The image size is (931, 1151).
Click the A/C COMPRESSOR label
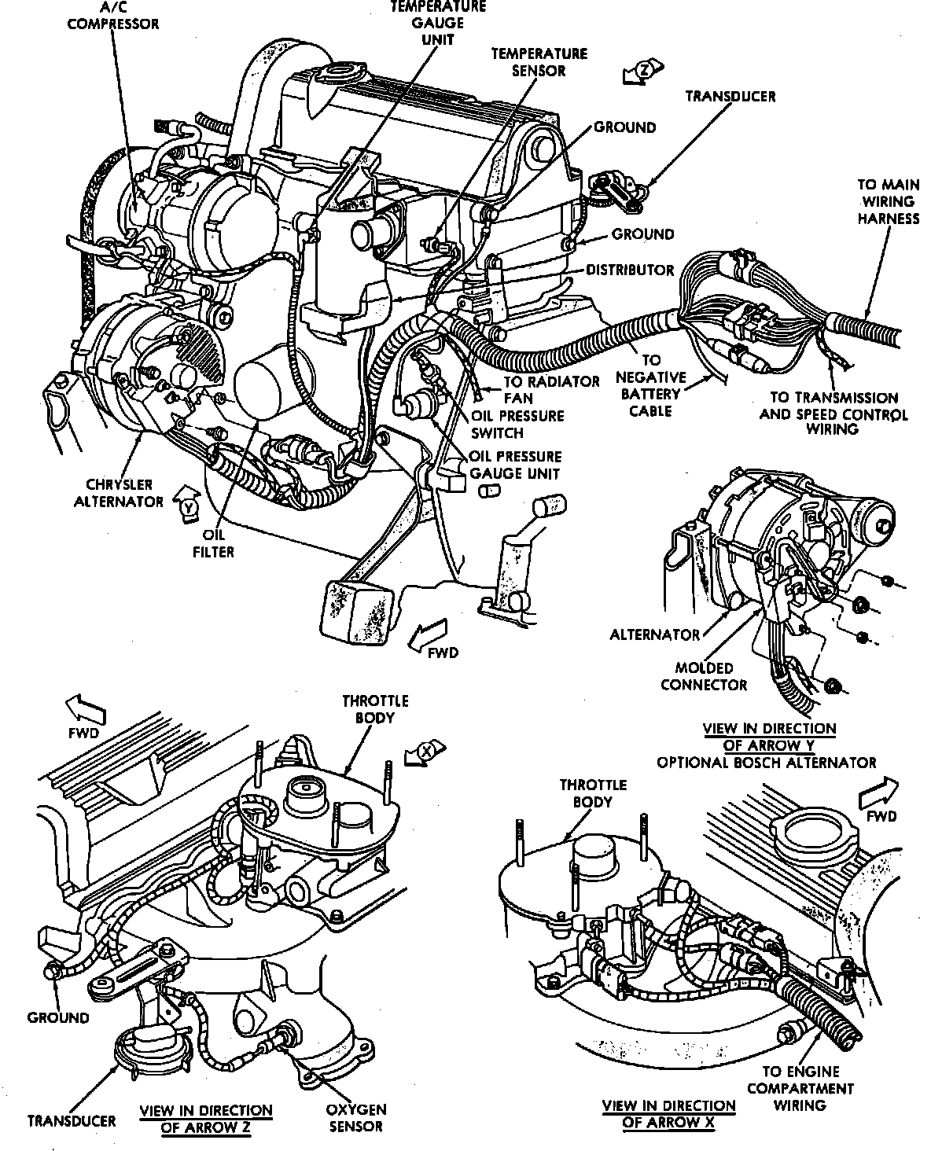[112, 16]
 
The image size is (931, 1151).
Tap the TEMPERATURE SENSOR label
[539, 62]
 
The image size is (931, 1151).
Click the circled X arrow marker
[425, 752]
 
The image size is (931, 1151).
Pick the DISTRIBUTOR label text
[630, 270]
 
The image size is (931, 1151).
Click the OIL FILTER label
[213, 543]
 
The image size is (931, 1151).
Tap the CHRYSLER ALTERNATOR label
[119, 493]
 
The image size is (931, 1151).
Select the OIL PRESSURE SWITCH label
[518, 424]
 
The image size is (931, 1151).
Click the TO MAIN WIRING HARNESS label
[887, 201]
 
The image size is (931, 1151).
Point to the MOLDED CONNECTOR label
[703, 676]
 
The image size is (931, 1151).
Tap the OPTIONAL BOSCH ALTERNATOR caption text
[766, 762]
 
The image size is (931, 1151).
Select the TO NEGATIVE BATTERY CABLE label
[650, 386]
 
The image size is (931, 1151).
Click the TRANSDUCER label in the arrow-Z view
[71, 1120]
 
